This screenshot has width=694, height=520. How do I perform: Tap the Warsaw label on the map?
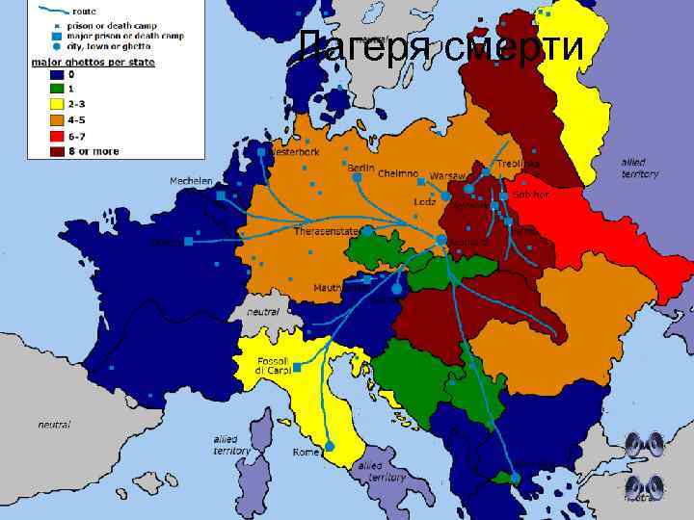pyautogui.click(x=448, y=176)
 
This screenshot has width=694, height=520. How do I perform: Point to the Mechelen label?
pyautogui.click(x=192, y=181)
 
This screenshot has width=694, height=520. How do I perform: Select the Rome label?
pyautogui.click(x=307, y=453)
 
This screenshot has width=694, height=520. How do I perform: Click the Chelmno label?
pyautogui.click(x=396, y=173)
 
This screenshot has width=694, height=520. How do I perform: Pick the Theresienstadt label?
pyautogui.click(x=327, y=230)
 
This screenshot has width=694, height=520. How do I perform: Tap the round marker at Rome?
pyautogui.click(x=331, y=446)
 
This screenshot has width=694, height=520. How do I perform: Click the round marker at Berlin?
pyautogui.click(x=357, y=177)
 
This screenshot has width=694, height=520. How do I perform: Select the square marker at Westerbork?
pyautogui.click(x=261, y=151)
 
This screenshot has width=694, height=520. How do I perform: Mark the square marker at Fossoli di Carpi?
pyautogui.click(x=297, y=368)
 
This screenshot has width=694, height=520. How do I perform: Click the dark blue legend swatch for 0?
pyautogui.click(x=57, y=74)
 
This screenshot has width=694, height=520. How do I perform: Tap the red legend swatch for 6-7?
pyautogui.click(x=57, y=137)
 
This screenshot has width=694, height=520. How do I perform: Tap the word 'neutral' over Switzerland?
pyautogui.click(x=263, y=312)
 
